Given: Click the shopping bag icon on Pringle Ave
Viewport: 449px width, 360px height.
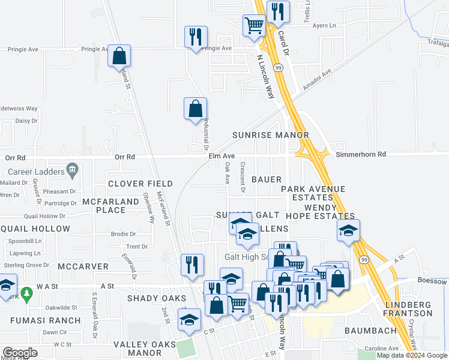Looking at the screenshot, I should coord(119,56).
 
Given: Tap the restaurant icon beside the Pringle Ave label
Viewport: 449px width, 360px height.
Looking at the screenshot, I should coord(196,37).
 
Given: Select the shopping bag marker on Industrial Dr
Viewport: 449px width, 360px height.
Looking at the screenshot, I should coord(195,109).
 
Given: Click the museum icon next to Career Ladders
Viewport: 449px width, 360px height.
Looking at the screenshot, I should coord(72,170).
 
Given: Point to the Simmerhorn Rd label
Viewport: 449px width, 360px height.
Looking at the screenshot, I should coord(360,154).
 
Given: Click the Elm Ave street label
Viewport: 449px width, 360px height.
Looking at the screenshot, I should coord(221,156).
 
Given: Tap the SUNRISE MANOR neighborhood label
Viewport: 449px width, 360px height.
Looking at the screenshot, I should coord(270,136).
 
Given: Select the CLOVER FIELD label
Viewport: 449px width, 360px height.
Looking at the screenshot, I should coord(140,184).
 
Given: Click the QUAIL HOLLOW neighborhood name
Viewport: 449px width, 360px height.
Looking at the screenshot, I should coord(35,229).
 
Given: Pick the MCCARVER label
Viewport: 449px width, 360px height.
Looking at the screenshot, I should coord(83,266).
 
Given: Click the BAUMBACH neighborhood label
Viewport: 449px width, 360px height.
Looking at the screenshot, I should coord(370,331).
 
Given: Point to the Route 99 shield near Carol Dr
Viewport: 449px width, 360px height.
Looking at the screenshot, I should coord(278,68).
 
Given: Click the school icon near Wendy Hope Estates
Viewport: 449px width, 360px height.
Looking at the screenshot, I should coord(348,232).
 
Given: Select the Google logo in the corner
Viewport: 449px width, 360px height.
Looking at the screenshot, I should coord(20,353).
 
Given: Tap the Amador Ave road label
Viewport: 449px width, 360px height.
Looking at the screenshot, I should coord(317,80).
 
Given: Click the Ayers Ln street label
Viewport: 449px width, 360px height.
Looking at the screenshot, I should coord(324,26).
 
